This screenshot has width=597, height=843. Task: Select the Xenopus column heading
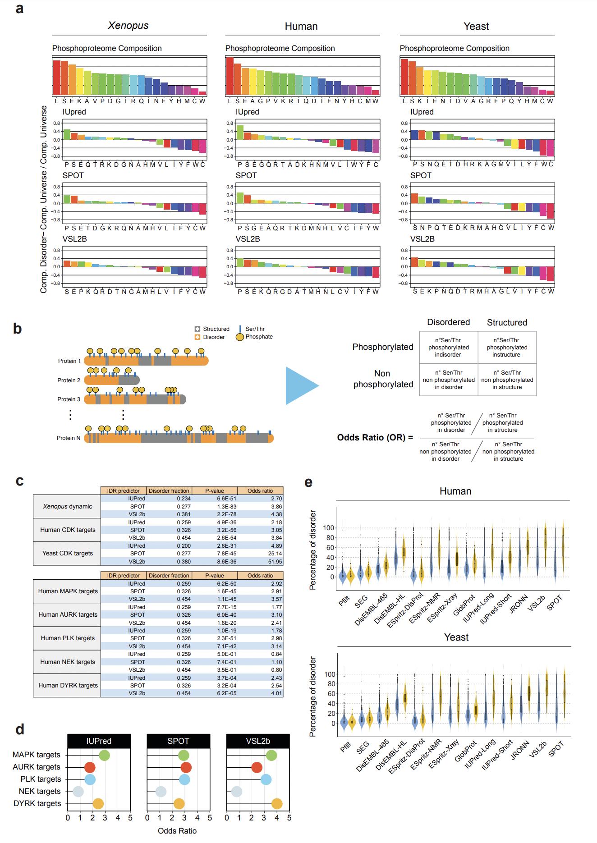[x=128, y=26]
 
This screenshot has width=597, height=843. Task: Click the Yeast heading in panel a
[x=476, y=26]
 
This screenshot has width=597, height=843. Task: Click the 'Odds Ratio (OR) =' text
[x=375, y=437]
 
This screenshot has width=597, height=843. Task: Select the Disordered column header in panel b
[x=448, y=322]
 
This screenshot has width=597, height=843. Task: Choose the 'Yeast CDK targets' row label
[x=67, y=553]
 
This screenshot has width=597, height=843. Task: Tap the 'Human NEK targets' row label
[x=67, y=662]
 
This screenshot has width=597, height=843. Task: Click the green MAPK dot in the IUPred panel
[x=104, y=755]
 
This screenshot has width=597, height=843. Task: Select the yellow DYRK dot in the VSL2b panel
[x=277, y=803]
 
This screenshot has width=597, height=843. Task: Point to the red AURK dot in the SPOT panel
[x=186, y=767]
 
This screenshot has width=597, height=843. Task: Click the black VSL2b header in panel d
[x=258, y=741]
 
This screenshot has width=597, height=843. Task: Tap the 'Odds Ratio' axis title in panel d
[x=177, y=830]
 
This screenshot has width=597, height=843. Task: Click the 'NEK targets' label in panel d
[x=40, y=791]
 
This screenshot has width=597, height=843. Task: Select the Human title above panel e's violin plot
[x=455, y=491]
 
